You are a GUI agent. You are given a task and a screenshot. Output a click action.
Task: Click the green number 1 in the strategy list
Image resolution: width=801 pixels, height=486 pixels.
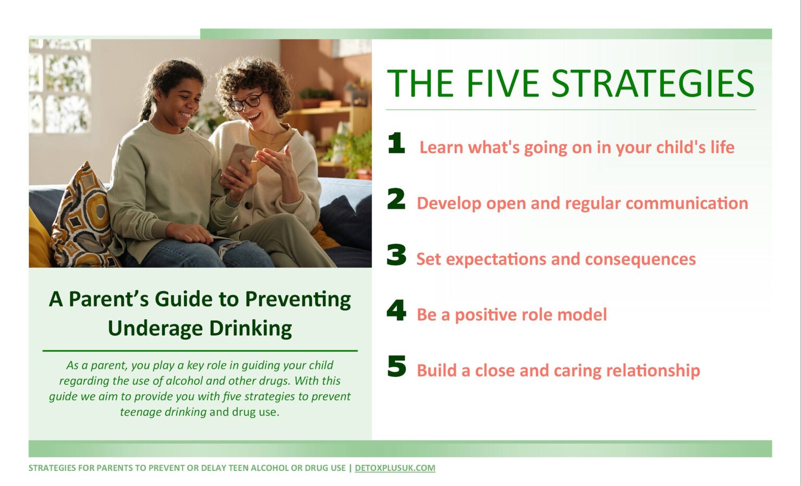click(397, 143)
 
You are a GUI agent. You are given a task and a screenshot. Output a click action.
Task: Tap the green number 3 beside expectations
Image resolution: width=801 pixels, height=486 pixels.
click(396, 254)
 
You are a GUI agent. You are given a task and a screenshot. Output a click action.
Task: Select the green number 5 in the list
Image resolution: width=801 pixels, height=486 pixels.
click(397, 366)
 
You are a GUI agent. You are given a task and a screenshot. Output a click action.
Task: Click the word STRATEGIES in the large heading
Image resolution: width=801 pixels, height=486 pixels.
click(653, 83)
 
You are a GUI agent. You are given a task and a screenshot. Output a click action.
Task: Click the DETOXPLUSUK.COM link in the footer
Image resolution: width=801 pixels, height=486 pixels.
click(395, 468)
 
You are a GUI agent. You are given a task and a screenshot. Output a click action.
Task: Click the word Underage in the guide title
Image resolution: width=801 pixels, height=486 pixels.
click(155, 329)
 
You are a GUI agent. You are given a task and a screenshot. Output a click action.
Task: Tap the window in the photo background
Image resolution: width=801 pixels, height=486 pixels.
click(60, 86)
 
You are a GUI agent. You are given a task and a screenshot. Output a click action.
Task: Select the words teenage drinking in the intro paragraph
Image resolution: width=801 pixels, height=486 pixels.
click(163, 412)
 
